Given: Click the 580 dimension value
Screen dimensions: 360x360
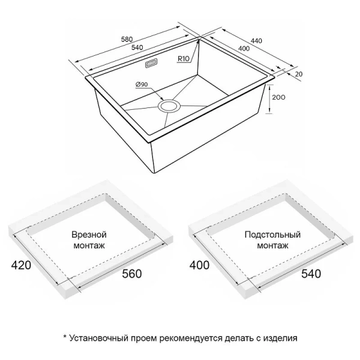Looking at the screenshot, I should pos(127,39).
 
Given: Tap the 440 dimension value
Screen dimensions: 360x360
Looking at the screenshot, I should pos(257,40).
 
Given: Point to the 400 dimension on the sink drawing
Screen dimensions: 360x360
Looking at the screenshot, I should pos(244,47).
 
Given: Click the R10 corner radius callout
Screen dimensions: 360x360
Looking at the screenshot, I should pos(184,58).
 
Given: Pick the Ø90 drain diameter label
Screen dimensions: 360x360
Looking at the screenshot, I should pos(142,84).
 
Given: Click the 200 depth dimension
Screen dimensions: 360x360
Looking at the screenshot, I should pos(278,97).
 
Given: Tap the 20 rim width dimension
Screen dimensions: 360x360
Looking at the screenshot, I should pos(299,73).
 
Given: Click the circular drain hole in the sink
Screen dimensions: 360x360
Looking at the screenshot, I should pos(169,106).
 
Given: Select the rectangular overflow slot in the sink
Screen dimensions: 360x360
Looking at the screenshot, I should pos(151,62).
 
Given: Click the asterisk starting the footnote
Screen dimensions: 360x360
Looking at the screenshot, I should pos(65,337).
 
